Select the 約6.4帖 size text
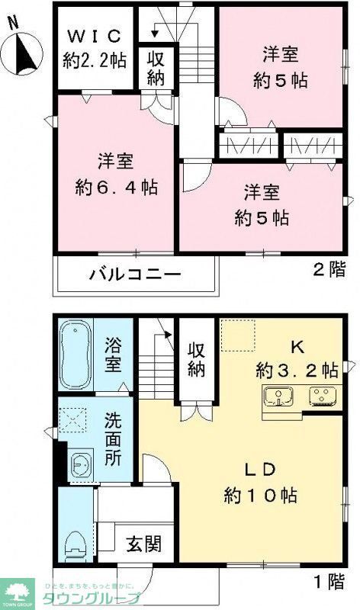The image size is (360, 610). coord(116,185)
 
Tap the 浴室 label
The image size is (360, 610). coord(113,355)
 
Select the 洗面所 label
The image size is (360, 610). coord(113,440)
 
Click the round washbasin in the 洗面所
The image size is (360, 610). coord(79,462)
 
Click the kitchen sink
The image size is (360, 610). coord(280,396)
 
